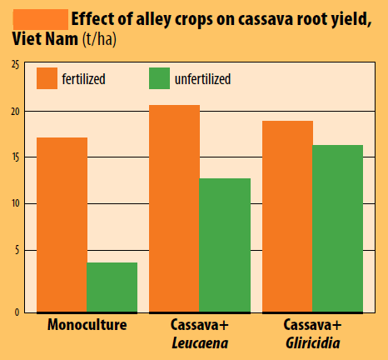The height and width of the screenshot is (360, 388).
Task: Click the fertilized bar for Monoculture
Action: (62, 225)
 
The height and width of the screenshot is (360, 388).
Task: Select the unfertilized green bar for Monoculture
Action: (112, 287)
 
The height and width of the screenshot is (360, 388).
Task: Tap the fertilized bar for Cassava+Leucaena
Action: (174, 208)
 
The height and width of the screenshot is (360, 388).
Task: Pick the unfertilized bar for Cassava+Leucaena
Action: (225, 245)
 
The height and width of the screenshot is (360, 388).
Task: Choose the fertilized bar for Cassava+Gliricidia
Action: (287, 217)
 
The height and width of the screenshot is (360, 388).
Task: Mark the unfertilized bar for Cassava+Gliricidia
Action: (338, 228)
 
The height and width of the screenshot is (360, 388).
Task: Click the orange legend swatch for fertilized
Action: (47, 78)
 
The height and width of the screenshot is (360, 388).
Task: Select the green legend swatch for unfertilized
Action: (159, 78)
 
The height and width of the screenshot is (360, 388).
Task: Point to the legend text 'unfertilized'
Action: (202, 79)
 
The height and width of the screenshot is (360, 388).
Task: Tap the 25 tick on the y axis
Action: (16, 65)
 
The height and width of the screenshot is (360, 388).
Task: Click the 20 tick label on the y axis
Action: (16, 112)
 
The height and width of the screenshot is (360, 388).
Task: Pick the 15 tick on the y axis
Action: (16, 157)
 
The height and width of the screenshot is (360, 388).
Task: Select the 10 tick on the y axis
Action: (16, 203)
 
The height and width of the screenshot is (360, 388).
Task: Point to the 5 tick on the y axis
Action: (17, 250)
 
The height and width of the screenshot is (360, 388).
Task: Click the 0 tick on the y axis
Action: (17, 312)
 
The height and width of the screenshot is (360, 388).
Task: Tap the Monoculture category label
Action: (87, 324)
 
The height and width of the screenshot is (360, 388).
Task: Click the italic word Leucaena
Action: (200, 343)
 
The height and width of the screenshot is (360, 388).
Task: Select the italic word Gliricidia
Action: (313, 343)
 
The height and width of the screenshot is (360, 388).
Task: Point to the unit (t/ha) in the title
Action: (99, 39)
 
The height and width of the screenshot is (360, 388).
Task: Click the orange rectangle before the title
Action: (41, 19)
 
